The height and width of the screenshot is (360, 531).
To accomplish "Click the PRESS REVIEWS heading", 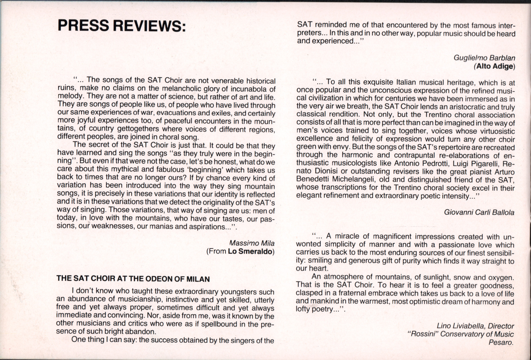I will (121, 26).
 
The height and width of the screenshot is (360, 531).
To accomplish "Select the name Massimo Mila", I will (252, 243).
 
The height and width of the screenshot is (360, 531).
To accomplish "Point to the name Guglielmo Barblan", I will (484, 58).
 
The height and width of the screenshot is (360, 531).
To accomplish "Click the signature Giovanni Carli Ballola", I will (479, 213).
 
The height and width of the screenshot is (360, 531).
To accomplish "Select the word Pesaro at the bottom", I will (501, 342).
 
